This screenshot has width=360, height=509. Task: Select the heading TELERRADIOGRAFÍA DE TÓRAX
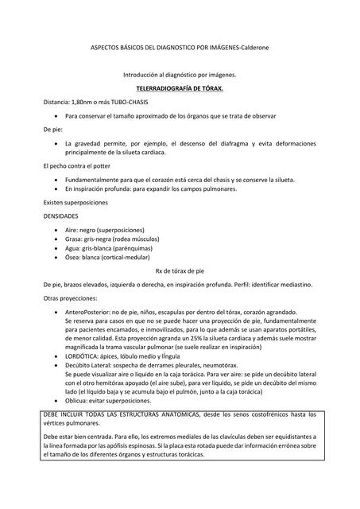click(x=180, y=89)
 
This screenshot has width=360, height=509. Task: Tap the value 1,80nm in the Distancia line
click(x=83, y=103)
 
